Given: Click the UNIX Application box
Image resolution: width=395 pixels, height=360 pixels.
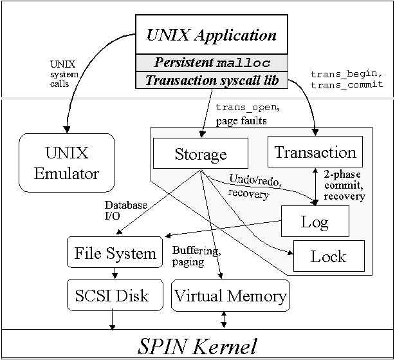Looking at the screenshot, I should click(x=212, y=35).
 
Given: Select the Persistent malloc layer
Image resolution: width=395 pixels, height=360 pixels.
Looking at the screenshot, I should click(x=212, y=63).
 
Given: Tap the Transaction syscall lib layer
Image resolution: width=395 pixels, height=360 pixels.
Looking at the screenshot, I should click(x=212, y=81).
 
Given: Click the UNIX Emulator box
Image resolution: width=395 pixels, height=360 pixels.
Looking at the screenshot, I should click(x=66, y=162).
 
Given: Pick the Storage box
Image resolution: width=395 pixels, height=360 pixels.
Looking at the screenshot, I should click(x=201, y=155).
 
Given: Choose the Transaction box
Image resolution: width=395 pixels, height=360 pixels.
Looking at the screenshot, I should click(x=315, y=153).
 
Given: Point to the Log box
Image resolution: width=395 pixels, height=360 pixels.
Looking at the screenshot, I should click(x=315, y=222).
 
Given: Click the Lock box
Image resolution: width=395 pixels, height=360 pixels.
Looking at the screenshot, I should click(x=328, y=256).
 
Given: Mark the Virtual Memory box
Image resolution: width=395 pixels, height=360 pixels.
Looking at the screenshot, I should click(x=230, y=296).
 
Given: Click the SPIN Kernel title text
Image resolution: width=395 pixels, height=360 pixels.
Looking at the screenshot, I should click(x=197, y=346).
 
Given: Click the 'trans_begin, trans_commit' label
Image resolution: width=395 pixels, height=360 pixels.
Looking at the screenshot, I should click(x=347, y=79).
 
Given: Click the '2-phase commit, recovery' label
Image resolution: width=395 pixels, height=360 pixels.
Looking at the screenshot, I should click(x=344, y=185).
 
